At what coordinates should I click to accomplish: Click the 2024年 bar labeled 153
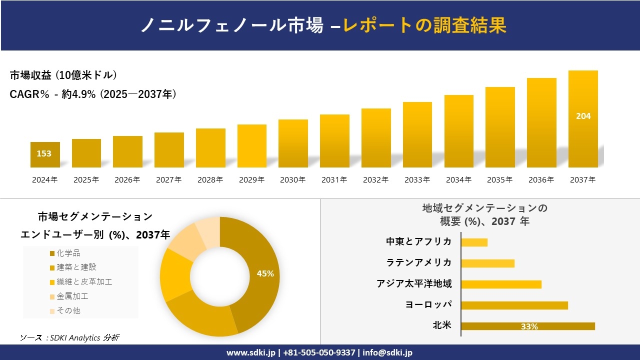[x=45, y=154]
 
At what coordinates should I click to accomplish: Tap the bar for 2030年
[x=293, y=143]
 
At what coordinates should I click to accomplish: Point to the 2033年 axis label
[x=417, y=180]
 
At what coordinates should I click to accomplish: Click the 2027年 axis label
[x=168, y=180]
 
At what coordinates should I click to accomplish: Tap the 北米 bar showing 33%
[x=528, y=326]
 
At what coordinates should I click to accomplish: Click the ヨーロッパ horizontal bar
[x=514, y=305]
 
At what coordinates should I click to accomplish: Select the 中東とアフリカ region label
[x=418, y=241]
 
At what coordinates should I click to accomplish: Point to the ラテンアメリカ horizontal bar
[x=487, y=263]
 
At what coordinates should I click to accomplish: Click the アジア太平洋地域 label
[x=414, y=284]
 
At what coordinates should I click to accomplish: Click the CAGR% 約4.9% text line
[x=93, y=94]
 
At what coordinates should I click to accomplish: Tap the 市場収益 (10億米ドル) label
[x=63, y=75]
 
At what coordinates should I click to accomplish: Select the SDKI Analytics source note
[x=69, y=338]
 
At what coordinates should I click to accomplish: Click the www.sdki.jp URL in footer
[x=250, y=352]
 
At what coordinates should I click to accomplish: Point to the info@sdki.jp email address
[x=388, y=352]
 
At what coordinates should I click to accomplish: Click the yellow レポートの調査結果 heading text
[x=425, y=25]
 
